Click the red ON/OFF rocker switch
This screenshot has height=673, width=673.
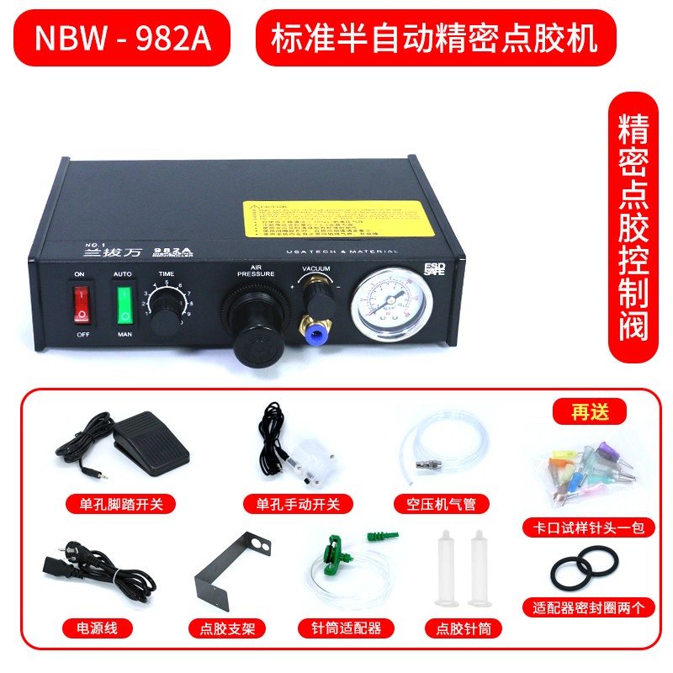pyautogui.click(x=81, y=304)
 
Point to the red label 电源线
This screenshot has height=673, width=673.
pyautogui.click(x=93, y=628)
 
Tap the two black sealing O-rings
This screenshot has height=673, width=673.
pyautogui.click(x=586, y=571)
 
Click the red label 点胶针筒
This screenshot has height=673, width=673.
pyautogui.click(x=464, y=628)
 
